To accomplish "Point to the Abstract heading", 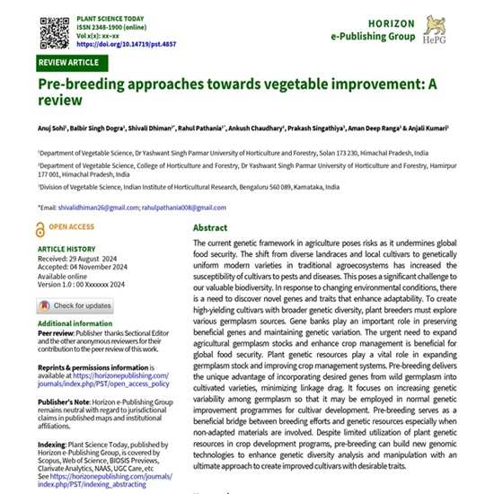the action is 210,228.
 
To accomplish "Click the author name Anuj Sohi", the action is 52,117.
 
